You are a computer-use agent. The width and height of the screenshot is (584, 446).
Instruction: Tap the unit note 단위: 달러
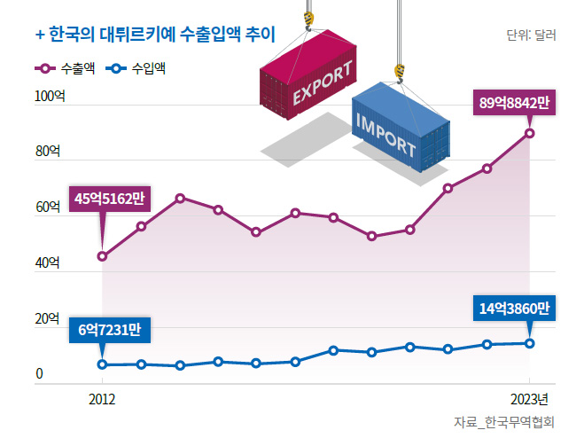point(531,36)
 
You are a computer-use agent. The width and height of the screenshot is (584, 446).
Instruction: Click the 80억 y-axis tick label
point(47,152)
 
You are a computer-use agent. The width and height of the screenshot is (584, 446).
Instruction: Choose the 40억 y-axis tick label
point(47,263)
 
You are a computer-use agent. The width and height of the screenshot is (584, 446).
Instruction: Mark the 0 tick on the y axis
point(39,374)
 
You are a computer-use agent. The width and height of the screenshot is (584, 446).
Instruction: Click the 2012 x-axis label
point(102,399)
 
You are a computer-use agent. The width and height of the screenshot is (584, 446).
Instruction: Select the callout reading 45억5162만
point(109,199)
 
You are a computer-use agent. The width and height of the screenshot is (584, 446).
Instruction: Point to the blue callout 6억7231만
point(109,330)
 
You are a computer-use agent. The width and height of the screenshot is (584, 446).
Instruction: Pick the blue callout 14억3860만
point(514,309)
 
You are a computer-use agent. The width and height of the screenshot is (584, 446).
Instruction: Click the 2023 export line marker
point(529,133)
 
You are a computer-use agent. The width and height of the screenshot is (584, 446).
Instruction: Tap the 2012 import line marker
point(103,364)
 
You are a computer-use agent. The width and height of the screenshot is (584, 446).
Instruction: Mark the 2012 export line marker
point(103,256)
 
